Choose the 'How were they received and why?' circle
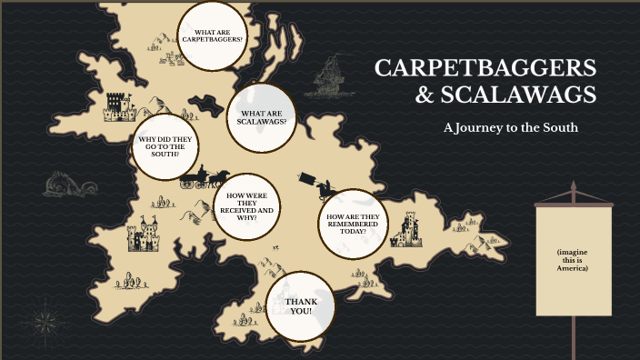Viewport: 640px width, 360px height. coord(246,207)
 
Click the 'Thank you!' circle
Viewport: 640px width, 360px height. coord(300,305)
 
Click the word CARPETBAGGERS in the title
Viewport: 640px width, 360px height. coord(485,69)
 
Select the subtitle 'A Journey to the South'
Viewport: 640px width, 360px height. coord(510,128)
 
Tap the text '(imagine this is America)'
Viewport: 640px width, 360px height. coord(573,259)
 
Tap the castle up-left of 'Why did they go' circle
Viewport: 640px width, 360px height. coord(119,107)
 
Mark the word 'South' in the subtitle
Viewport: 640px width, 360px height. coord(559,128)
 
